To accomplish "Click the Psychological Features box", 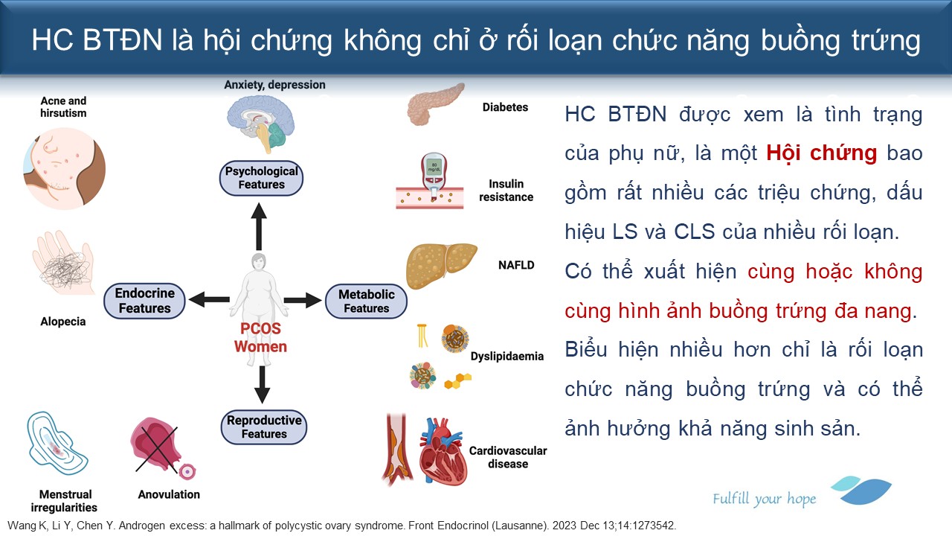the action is click(x=261, y=178).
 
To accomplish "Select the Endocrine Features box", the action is click(x=144, y=301).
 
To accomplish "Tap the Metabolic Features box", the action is click(x=367, y=301).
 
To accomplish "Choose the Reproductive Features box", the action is click(x=264, y=427).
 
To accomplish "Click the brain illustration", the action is click(x=260, y=123).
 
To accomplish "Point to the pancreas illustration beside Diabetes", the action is click(x=434, y=104).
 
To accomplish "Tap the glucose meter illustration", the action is click(x=434, y=175).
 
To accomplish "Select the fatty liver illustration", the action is click(x=441, y=266).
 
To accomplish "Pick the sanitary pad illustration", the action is click(x=57, y=444).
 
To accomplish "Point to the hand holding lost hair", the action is click(x=64, y=263).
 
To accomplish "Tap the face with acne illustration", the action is click(x=64, y=169).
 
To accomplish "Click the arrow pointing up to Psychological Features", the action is click(x=259, y=226).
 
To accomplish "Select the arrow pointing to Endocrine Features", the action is click(x=209, y=299).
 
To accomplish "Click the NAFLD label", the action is click(x=516, y=265).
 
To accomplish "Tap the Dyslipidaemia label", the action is click(x=507, y=356).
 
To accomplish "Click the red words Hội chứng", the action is click(x=822, y=153).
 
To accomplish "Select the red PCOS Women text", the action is click(x=260, y=338).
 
